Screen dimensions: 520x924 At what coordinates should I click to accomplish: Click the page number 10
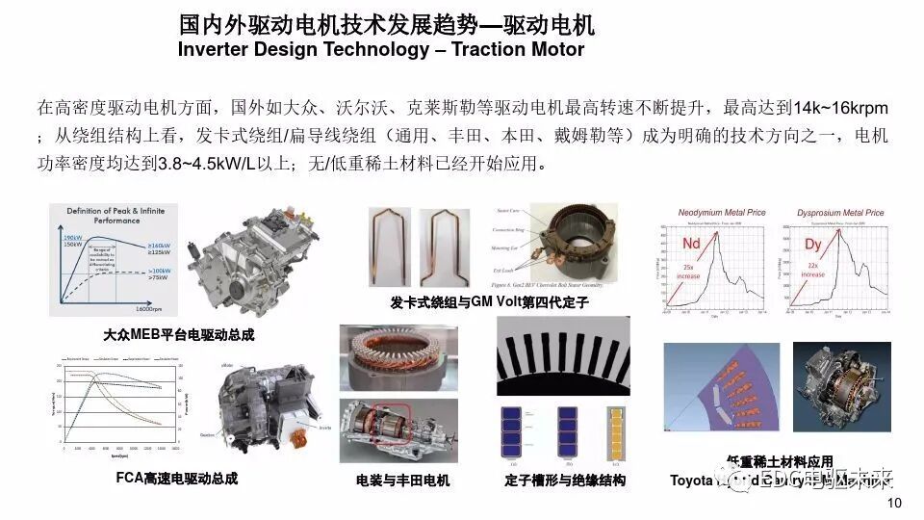(894, 504)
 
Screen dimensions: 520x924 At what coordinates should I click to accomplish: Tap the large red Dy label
(813, 246)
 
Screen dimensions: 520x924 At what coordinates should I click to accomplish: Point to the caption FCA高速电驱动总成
(176, 478)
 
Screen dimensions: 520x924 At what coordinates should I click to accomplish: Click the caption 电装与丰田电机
(402, 480)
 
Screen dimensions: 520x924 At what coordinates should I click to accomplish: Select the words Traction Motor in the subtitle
(521, 49)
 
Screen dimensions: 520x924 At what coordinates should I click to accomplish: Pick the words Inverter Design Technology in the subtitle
(300, 49)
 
